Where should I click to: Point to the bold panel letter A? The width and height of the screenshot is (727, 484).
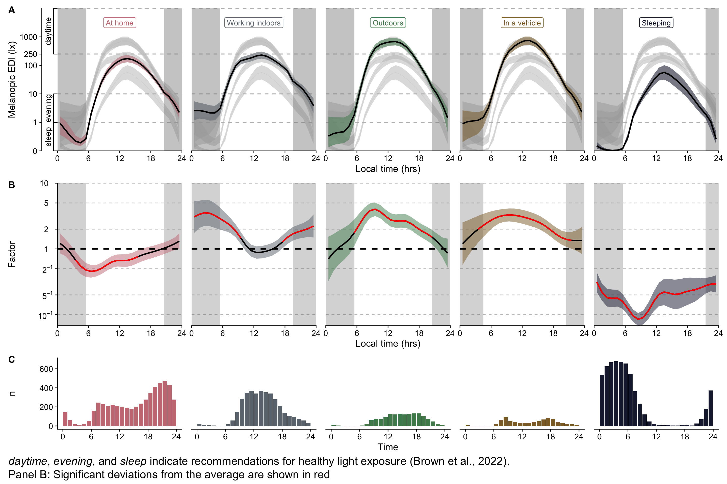click(x=12, y=10)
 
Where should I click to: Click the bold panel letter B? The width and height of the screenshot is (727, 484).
click(x=12, y=185)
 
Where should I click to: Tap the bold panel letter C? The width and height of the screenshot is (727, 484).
click(x=12, y=360)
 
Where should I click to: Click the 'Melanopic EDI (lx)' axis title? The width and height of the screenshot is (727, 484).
click(x=12, y=80)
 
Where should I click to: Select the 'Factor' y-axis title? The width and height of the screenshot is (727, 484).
click(x=12, y=254)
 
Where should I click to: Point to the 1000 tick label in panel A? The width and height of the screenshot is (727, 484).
click(x=29, y=37)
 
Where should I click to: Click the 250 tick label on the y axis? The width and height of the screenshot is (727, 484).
click(x=31, y=54)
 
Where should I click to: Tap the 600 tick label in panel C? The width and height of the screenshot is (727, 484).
click(x=46, y=369)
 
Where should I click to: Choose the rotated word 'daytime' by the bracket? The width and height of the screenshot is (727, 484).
click(x=48, y=31)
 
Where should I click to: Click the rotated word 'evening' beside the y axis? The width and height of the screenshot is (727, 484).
click(x=48, y=108)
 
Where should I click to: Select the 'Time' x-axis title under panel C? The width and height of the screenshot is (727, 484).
click(x=388, y=447)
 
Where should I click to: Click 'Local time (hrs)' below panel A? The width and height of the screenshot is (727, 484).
click(x=388, y=169)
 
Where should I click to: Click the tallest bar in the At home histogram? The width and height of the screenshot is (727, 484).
click(x=164, y=403)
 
